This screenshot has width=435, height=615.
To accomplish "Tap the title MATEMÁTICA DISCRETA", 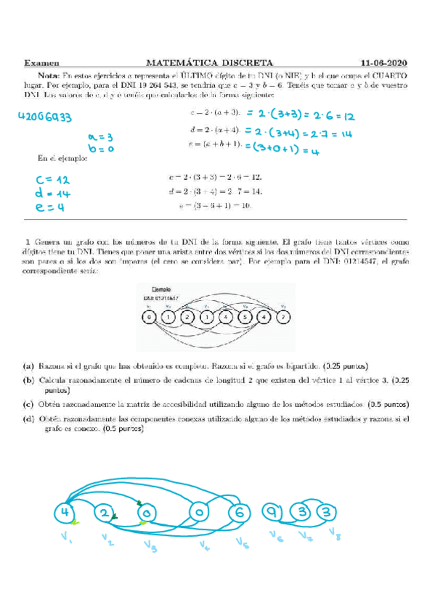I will pos(209,63).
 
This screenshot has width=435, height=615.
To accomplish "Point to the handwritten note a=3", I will pos(99,136).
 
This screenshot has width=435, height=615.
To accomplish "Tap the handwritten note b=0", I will pos(99,148).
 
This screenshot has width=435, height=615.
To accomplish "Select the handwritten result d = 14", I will pos(51,194).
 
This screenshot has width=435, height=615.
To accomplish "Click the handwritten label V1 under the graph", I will pos(68,539).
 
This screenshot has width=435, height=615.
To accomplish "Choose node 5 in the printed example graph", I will pos(245,317).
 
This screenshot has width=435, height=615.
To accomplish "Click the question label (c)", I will pos(28,404).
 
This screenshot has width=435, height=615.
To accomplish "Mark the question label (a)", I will pos(28,365).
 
